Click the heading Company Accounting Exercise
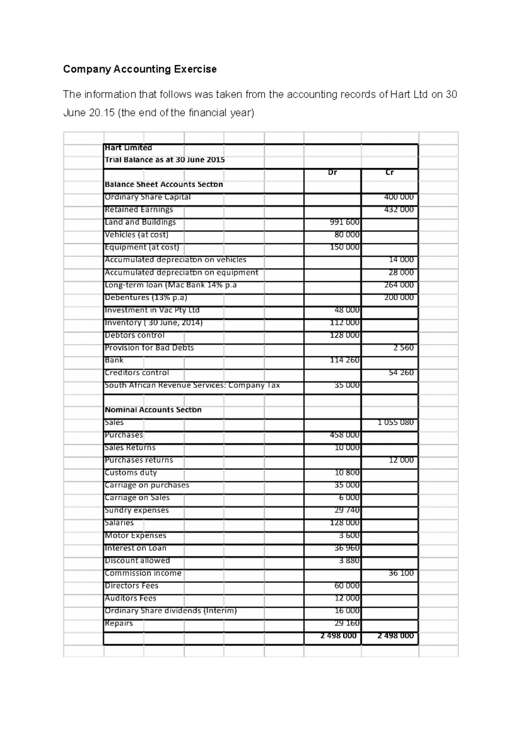tap(139, 69)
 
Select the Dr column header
tap(332, 173)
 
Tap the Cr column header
tap(389, 173)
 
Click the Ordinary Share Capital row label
tap(148, 197)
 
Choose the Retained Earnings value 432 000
tap(399, 209)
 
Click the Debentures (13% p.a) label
tap(146, 298)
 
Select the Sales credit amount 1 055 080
tap(396, 422)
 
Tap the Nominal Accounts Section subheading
tap(153, 410)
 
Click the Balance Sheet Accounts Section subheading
tap(164, 184)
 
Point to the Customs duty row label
tap(131, 472)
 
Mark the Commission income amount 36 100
tap(401, 573)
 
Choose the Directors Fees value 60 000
tap(347, 586)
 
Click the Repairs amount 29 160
tap(347, 623)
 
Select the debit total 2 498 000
tap(339, 636)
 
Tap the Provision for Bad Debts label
tap(149, 348)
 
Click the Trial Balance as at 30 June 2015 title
tap(165, 160)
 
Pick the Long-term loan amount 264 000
tap(399, 285)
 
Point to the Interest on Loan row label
tap(135, 548)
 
